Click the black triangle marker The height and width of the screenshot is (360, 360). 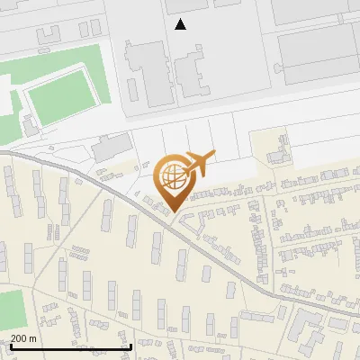(x=181, y=24)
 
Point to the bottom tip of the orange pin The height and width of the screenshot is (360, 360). (x=176, y=211)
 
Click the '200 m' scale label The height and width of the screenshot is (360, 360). (x=23, y=338)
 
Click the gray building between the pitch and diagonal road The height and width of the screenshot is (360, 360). (x=111, y=146)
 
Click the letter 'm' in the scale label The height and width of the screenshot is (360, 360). (x=33, y=338)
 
